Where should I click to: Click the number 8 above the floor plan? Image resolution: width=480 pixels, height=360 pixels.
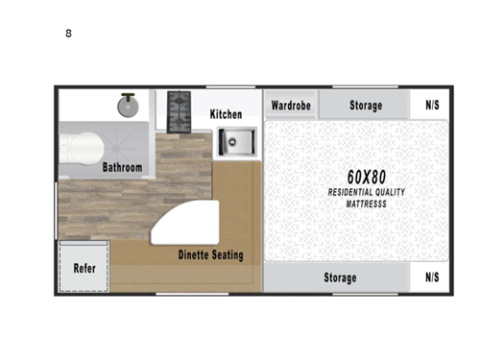(68, 34)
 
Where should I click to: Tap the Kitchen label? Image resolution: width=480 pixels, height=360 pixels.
(226, 114)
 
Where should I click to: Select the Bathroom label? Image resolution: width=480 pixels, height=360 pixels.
(123, 167)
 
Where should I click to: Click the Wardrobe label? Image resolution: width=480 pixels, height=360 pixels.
(290, 105)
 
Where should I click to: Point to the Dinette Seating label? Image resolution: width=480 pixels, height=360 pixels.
(210, 255)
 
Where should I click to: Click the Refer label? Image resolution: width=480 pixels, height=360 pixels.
(84, 269)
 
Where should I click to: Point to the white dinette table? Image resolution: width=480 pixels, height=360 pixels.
(187, 226)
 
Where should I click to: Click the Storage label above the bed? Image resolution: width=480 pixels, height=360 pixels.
(365, 105)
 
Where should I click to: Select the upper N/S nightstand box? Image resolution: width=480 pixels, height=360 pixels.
(432, 105)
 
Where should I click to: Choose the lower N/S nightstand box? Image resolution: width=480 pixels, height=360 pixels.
(432, 277)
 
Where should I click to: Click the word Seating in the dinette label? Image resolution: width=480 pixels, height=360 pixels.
(227, 255)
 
